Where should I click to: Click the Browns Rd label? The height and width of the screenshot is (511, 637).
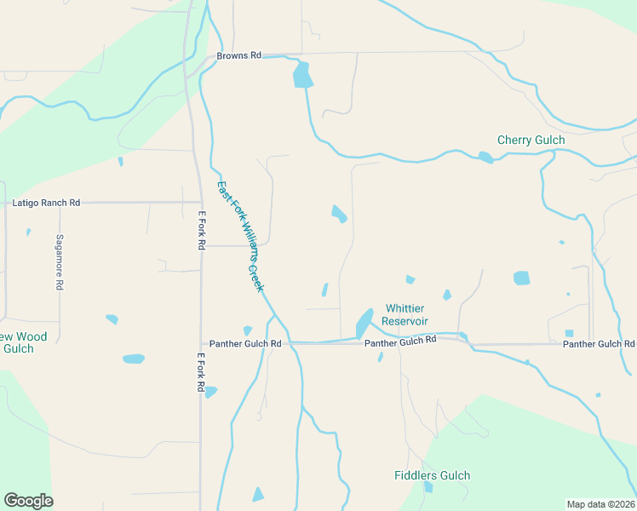[x=238, y=55]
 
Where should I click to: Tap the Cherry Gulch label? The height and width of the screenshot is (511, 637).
[x=531, y=140]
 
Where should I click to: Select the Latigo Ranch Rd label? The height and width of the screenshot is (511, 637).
[x=46, y=203]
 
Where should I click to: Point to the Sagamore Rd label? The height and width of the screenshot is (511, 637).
[x=60, y=262]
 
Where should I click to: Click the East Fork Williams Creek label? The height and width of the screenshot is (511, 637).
[x=240, y=236]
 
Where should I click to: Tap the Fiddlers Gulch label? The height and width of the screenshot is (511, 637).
[x=433, y=475]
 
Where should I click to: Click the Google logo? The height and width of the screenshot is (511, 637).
[x=28, y=501]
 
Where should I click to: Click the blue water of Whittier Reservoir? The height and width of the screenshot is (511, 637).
[x=364, y=323]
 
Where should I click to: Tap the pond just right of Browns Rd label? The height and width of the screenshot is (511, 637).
[x=302, y=76]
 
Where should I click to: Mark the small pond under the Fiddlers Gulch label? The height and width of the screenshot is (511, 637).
[x=428, y=487]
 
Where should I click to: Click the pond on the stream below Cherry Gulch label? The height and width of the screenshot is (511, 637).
[x=485, y=157]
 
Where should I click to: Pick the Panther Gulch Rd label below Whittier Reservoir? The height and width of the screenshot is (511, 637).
[x=400, y=340]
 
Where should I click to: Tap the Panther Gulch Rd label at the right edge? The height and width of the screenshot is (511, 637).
[x=599, y=343]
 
